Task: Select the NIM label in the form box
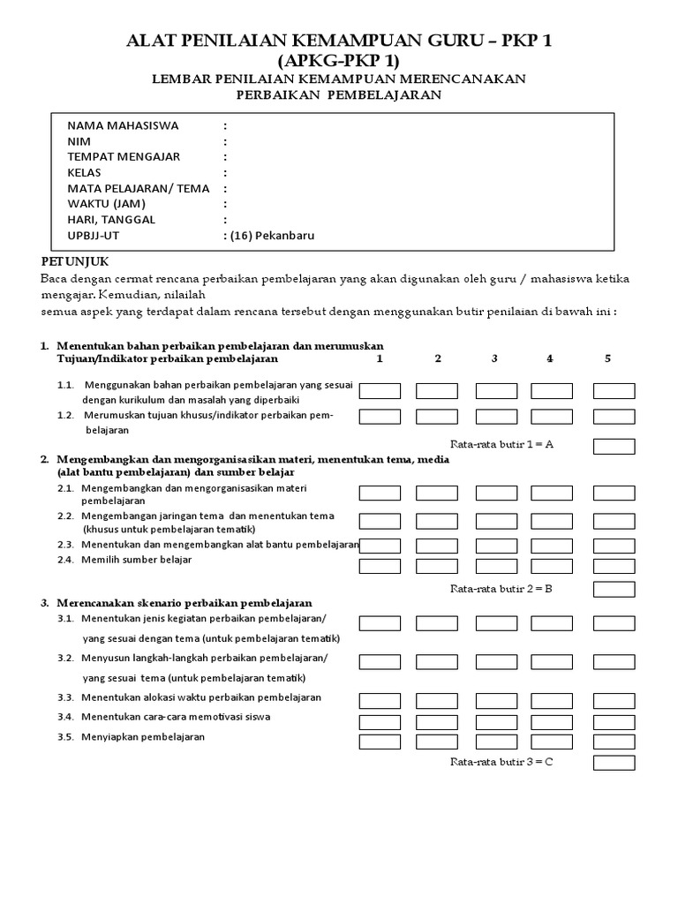[79, 141]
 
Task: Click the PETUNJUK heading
[75, 262]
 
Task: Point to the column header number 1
[379, 358]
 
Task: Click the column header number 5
[607, 358]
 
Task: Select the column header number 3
[494, 358]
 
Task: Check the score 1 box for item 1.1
[380, 391]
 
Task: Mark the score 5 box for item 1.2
[614, 417]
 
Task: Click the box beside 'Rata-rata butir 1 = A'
[614, 446]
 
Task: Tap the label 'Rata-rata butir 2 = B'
[501, 587]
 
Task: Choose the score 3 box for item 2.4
[496, 567]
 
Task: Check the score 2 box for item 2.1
[437, 493]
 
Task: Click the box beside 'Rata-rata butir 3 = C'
[614, 762]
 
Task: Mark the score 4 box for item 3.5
[552, 742]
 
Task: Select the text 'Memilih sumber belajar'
[136, 560]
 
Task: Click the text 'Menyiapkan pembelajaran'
[142, 737]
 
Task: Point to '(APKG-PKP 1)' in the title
[338, 61]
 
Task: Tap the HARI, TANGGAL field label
[110, 220]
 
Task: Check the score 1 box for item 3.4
[380, 722]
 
